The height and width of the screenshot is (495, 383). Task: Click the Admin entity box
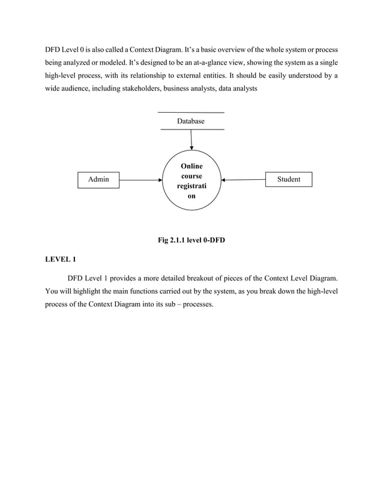pyautogui.click(x=98, y=179)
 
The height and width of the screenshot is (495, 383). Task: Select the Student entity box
pyautogui.click(x=289, y=179)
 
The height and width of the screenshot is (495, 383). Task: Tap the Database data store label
pyautogui.click(x=190, y=121)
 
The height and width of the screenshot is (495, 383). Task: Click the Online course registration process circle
pyautogui.click(x=191, y=180)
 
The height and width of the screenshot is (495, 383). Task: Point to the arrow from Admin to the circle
pyautogui.click(x=140, y=179)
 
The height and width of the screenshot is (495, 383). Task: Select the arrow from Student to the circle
pyautogui.click(x=243, y=179)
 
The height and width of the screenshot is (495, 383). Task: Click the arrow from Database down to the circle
pyautogui.click(x=191, y=140)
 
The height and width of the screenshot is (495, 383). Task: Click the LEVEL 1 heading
pyautogui.click(x=61, y=259)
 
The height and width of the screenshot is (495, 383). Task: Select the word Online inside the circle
pyautogui.click(x=191, y=166)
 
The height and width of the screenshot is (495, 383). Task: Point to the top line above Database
pyautogui.click(x=190, y=113)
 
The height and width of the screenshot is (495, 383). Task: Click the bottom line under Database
pyautogui.click(x=190, y=129)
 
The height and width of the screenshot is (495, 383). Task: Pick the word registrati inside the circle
pyautogui.click(x=191, y=186)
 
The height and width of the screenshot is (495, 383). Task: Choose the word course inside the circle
pyautogui.click(x=191, y=176)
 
